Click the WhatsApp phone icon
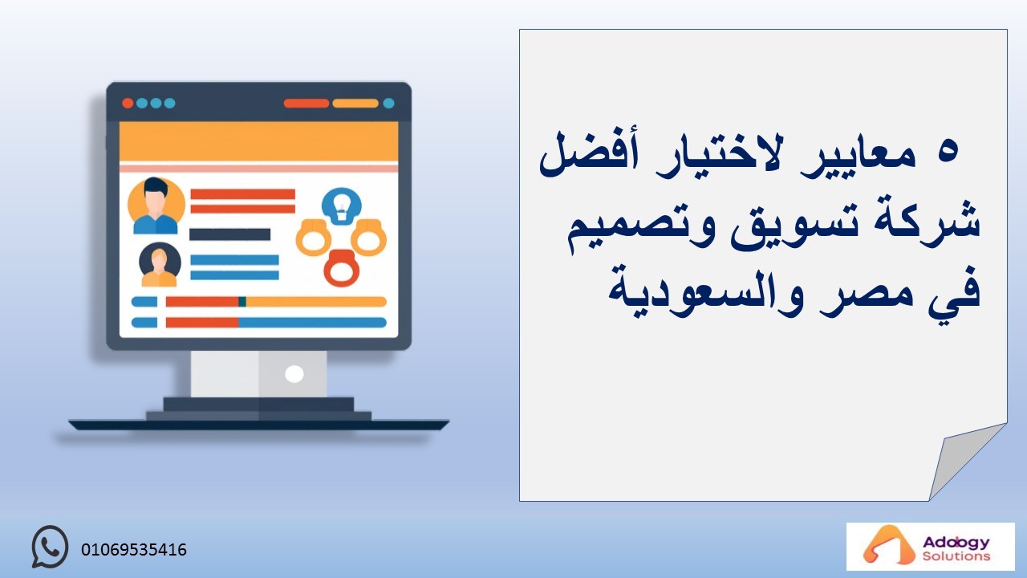click(50, 547)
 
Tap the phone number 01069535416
click(134, 550)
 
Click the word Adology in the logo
click(956, 543)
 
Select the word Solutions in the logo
click(956, 556)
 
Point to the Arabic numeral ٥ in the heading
click(948, 153)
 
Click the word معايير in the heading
click(859, 158)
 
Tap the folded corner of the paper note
click(963, 458)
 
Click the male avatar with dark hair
click(156, 206)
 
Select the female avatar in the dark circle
click(160, 265)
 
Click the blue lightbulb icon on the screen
click(342, 206)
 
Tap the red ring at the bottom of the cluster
click(342, 268)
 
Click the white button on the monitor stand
click(294, 374)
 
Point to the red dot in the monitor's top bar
click(128, 104)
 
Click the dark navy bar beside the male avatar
click(229, 234)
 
